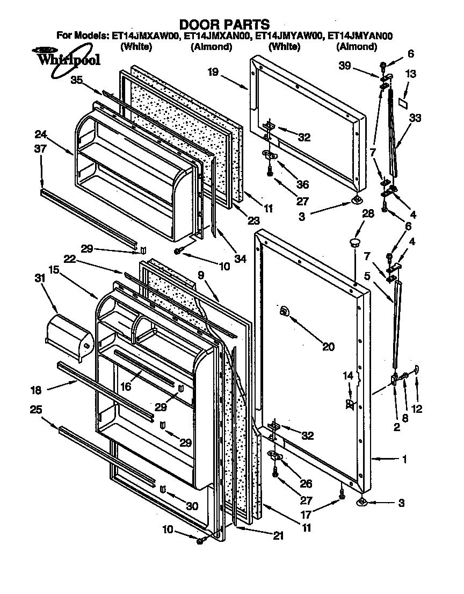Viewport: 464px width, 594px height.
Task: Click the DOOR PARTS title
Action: tap(224, 24)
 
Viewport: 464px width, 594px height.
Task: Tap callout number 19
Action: tap(213, 72)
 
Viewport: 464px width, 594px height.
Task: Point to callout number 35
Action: tap(77, 81)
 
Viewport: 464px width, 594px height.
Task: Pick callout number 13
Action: tap(410, 75)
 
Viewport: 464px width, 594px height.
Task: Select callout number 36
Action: tap(302, 184)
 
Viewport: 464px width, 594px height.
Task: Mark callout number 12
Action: tap(417, 409)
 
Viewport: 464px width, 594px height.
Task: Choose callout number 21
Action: tap(279, 535)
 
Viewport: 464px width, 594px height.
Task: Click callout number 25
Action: tap(36, 410)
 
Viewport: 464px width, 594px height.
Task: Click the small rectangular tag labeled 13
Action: tap(403, 100)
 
